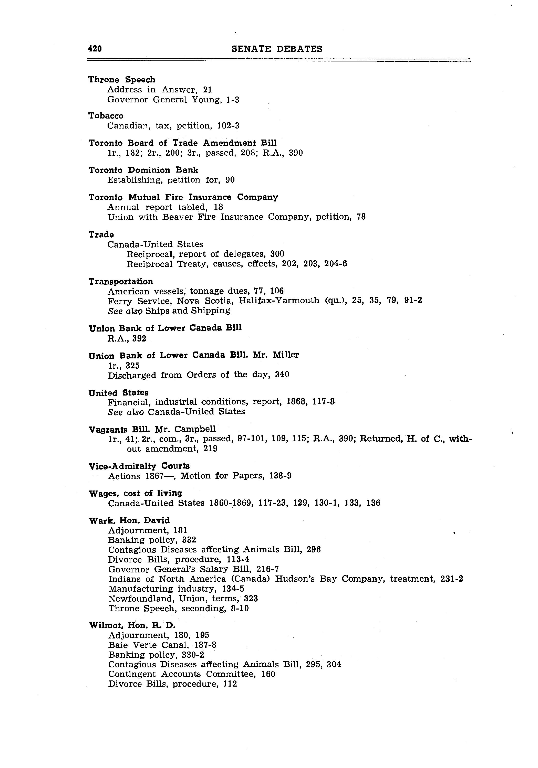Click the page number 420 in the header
(95, 49)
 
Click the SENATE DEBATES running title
(277, 49)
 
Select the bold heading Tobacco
(106, 116)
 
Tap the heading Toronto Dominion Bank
(143, 170)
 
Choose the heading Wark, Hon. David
(129, 520)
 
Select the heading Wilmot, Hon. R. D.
(132, 625)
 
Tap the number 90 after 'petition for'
(230, 180)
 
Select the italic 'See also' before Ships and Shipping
(125, 311)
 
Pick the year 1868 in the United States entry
(297, 401)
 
